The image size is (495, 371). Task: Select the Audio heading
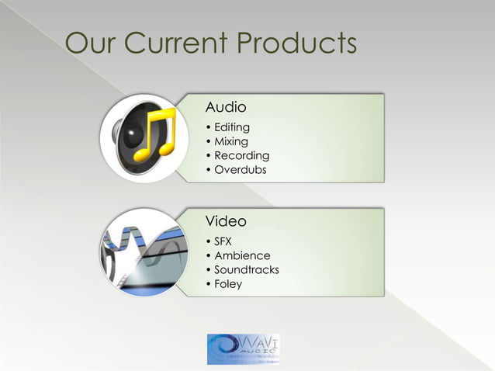226,106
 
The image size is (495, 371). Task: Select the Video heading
226,221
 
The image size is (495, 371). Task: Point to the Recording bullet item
241,155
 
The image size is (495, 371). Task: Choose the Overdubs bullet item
240,169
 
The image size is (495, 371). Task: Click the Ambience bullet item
242,255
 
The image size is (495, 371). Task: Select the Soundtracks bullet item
246,269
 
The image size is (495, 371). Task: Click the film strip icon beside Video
144,252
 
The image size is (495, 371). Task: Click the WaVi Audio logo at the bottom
244,349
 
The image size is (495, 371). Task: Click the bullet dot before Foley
208,284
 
